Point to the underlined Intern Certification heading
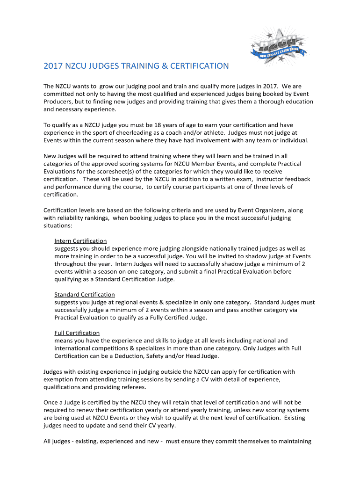(80, 241)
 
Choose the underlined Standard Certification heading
(85, 295)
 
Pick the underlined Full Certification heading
(77, 333)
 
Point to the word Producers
(58, 102)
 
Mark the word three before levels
(260, 187)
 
